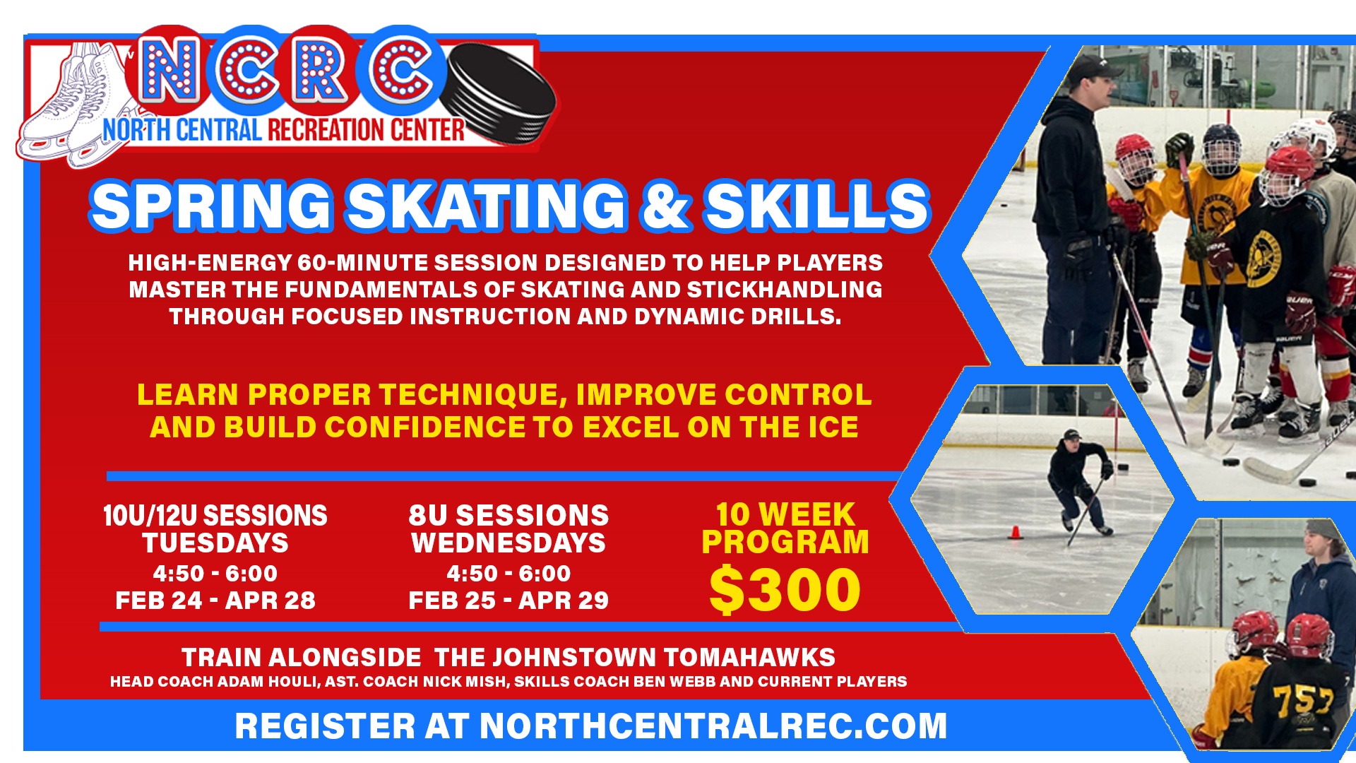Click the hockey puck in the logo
coord(502,93)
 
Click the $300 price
coord(785,590)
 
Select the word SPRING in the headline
coord(211,206)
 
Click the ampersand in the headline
coord(664,206)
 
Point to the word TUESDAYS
coord(215,543)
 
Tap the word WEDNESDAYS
coord(509,543)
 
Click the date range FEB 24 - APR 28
coord(215,601)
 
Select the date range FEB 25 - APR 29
coord(509,601)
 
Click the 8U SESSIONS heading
coord(509,515)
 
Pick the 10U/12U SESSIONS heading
coord(215,515)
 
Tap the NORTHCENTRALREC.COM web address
coord(713,726)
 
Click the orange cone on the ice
coord(1015,532)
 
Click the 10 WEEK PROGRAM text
coord(785,528)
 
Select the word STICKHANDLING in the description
coord(785,290)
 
